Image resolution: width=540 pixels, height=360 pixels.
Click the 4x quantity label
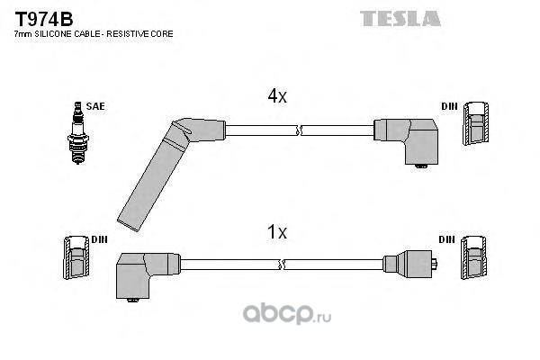tap(276, 96)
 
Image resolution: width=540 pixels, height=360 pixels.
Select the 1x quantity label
tap(276, 232)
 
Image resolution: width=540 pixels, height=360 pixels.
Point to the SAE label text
tap(95, 106)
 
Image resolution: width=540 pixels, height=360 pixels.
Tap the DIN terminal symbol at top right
tap(476, 125)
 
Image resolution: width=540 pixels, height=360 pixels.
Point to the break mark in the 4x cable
tap(298, 130)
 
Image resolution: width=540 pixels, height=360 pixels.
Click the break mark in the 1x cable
tap(285, 264)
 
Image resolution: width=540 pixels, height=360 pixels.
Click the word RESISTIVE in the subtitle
tap(121, 33)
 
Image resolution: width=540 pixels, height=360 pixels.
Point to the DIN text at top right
tap(448, 106)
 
